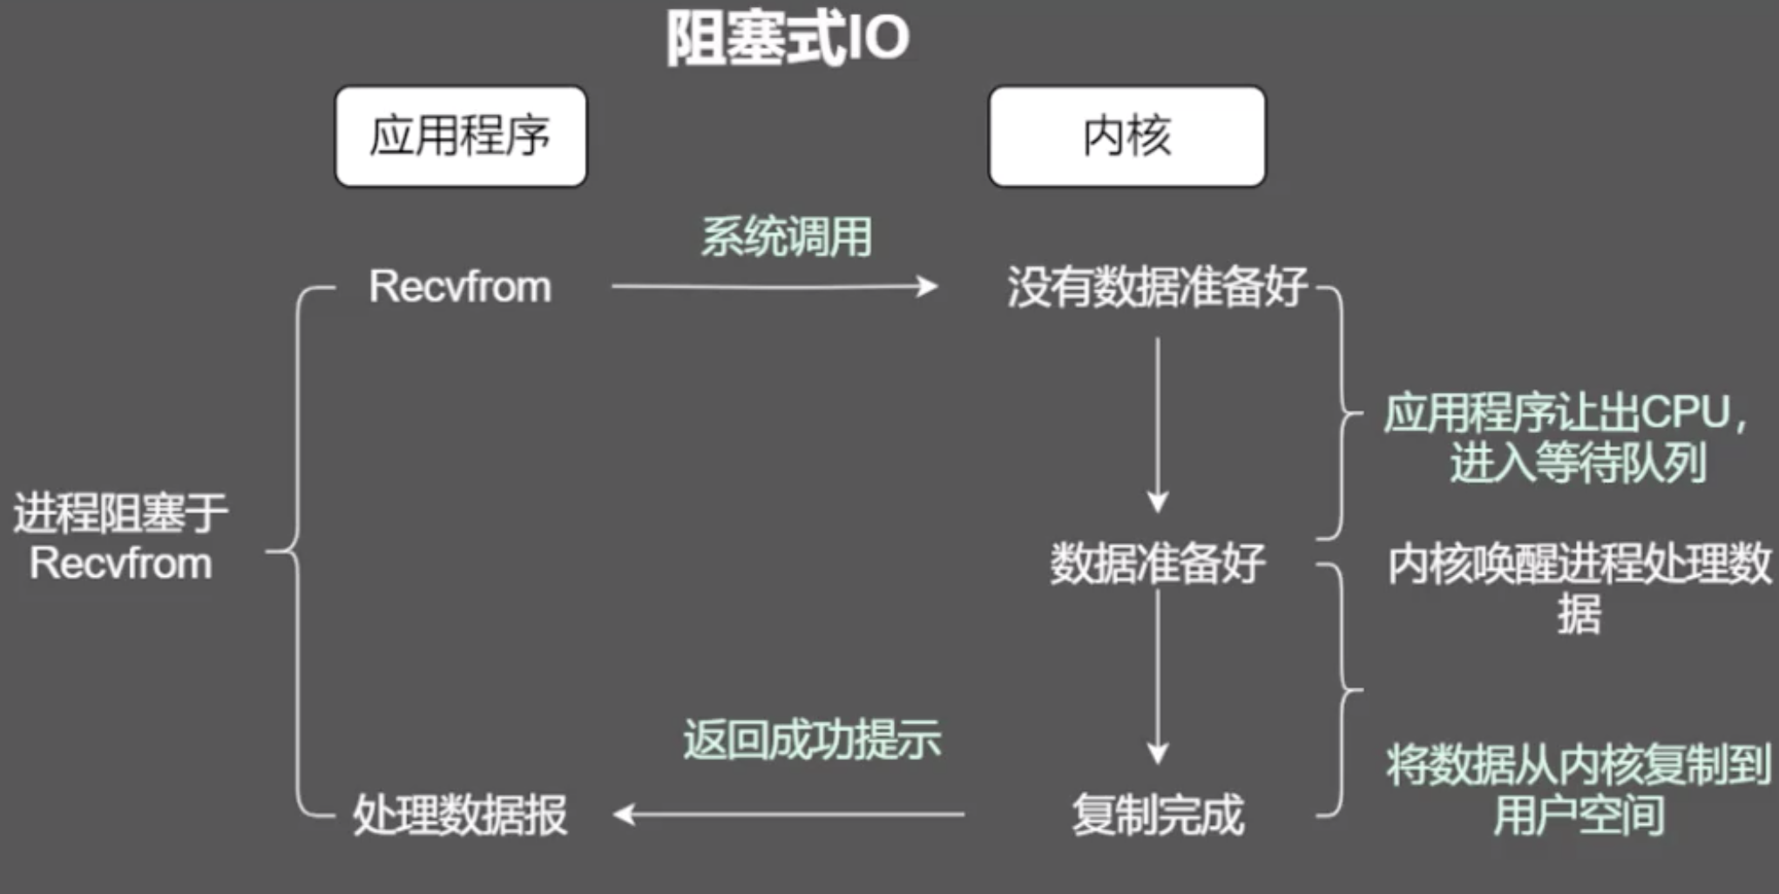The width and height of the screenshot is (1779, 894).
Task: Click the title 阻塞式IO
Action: click(788, 39)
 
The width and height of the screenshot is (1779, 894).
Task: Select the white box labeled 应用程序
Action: click(461, 136)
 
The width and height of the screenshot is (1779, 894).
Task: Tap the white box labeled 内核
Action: click(1126, 136)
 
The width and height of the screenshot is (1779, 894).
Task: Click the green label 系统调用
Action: click(787, 237)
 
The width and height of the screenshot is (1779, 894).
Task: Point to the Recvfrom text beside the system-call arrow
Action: click(460, 287)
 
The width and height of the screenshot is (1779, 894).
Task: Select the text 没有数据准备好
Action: click(1157, 287)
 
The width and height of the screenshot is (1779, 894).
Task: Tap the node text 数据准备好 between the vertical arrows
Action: click(1157, 564)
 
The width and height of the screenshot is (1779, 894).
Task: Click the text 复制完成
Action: click(1157, 816)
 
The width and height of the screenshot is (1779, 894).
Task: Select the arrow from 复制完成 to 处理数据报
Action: click(788, 815)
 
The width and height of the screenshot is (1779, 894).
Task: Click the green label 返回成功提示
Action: click(812, 740)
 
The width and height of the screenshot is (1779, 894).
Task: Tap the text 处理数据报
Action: click(460, 816)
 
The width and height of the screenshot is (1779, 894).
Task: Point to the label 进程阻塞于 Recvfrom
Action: click(120, 538)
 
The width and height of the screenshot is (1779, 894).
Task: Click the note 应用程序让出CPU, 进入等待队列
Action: click(1566, 437)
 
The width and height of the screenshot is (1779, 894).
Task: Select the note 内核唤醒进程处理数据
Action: click(1579, 588)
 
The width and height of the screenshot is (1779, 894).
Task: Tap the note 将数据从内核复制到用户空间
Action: click(1579, 789)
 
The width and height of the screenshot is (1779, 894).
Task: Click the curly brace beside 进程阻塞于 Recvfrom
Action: click(297, 551)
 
